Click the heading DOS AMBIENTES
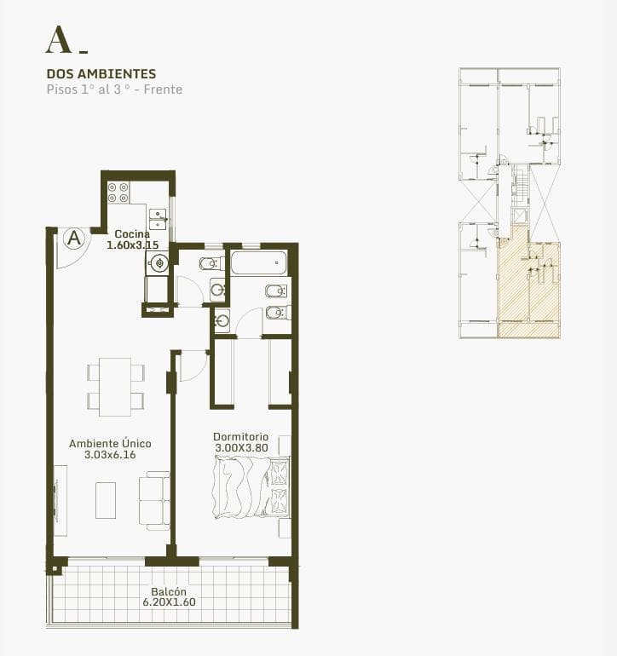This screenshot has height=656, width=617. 101,74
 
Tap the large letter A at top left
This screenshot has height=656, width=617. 58,40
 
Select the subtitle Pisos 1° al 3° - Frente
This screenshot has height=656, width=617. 114,89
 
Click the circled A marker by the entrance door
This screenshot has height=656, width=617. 74,239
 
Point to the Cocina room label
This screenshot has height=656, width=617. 132,234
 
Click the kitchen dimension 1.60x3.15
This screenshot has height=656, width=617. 133,245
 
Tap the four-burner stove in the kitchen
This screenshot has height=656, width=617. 118,193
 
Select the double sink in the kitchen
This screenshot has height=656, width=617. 158,219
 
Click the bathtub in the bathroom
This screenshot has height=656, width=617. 259,262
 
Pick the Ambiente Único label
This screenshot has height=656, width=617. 110,444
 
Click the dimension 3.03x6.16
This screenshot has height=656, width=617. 110,455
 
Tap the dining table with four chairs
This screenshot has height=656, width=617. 116,387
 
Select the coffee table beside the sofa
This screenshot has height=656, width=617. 106,500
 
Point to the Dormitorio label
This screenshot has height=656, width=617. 240,437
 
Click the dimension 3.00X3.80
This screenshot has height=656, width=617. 241,447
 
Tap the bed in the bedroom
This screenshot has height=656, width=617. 251,487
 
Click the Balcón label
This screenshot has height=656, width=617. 169,591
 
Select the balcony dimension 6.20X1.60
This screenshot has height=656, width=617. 169,602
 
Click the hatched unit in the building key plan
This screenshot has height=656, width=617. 528,288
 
